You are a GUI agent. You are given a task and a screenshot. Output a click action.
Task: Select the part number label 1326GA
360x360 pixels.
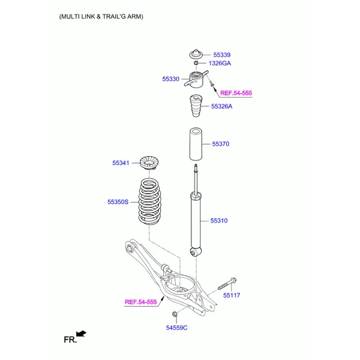click(x=220, y=63)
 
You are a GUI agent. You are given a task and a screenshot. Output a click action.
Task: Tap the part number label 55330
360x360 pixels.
click(x=170, y=79)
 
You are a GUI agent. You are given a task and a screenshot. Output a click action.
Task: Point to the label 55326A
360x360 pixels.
click(x=221, y=106)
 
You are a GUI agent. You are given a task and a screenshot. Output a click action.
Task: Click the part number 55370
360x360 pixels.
click(x=220, y=144)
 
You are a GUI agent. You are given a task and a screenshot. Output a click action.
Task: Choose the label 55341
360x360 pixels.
click(x=121, y=163)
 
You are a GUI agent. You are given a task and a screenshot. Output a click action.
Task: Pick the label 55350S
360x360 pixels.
click(x=118, y=203)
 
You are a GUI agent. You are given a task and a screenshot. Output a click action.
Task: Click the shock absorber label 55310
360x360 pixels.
click(x=218, y=221)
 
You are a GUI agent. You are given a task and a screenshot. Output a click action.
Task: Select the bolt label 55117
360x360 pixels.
click(x=231, y=295)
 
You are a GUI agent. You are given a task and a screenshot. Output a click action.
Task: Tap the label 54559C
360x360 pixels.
click(x=177, y=327)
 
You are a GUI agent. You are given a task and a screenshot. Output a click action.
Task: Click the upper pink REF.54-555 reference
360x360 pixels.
click(x=236, y=93)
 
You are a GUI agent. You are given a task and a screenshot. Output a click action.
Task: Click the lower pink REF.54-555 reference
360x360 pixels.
click(x=140, y=302)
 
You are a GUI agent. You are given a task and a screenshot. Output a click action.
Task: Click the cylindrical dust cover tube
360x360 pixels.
click(x=195, y=145)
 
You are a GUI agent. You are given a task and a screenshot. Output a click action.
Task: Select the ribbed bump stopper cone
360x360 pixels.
click(x=196, y=107)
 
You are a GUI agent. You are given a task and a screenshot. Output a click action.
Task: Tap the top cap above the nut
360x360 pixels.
click(x=196, y=53)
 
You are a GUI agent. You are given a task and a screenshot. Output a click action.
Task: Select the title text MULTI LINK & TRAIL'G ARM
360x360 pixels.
click(x=101, y=17)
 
